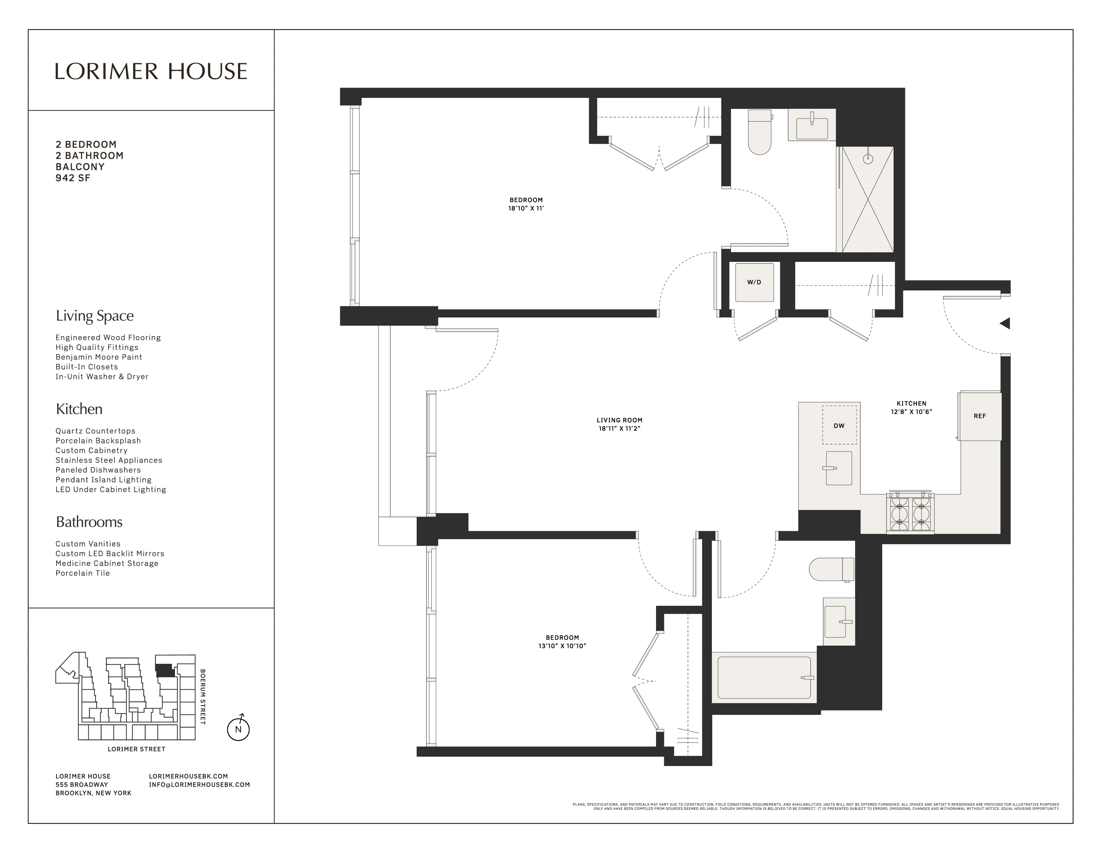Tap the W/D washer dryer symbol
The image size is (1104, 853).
(754, 282)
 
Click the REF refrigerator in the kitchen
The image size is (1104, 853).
(980, 416)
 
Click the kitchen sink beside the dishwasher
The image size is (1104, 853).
(839, 468)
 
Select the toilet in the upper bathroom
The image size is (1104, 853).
(759, 132)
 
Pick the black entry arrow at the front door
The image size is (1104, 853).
(1005, 323)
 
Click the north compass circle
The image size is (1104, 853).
(238, 729)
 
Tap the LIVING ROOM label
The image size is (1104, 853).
(619, 420)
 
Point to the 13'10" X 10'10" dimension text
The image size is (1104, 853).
(562, 646)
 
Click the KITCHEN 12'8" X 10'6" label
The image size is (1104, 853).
(911, 407)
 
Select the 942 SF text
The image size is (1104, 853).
(73, 178)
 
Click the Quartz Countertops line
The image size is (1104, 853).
(96, 431)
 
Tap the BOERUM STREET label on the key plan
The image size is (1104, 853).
(203, 697)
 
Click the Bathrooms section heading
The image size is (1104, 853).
(89, 522)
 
